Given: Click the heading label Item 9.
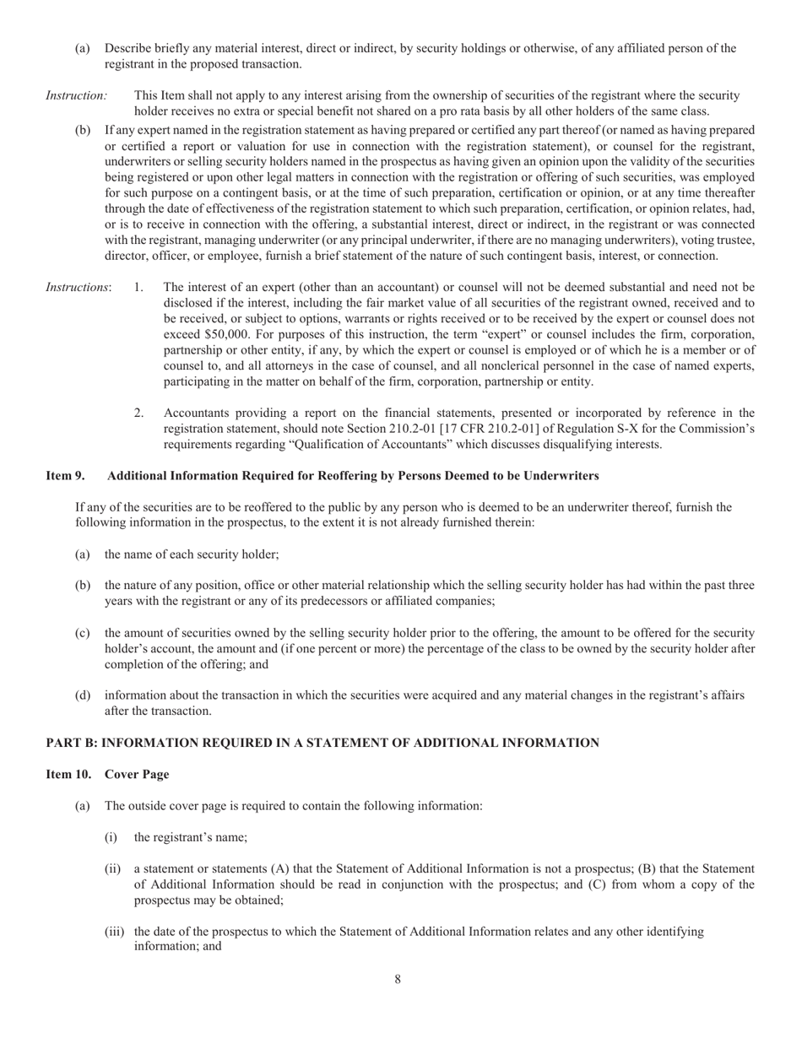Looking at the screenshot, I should click(x=65, y=476).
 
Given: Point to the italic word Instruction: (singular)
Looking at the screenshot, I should click(x=76, y=95).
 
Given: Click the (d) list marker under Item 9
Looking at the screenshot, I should click(x=83, y=695).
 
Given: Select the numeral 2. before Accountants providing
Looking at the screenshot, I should click(x=139, y=413).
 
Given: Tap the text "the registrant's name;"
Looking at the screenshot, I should click(x=190, y=837).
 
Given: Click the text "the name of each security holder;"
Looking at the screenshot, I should click(x=192, y=554).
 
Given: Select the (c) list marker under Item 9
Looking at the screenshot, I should click(x=83, y=632).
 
